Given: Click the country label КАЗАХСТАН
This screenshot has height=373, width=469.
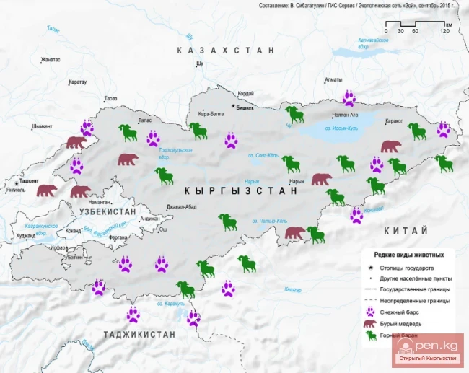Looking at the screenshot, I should click(x=227, y=51).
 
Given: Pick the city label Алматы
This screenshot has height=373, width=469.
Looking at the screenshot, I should click(x=333, y=79).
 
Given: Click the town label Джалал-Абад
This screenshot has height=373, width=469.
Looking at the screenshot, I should click(x=180, y=206).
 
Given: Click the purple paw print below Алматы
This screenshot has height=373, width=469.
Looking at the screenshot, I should click(x=350, y=98).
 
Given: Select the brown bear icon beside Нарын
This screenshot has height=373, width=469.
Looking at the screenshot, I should click(x=321, y=179).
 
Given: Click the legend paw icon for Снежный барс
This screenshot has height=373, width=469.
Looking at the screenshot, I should click(x=371, y=312).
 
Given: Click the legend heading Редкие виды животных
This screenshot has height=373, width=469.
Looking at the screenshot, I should click(x=408, y=255).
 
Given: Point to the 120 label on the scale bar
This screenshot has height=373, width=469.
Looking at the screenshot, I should click(x=447, y=31).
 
